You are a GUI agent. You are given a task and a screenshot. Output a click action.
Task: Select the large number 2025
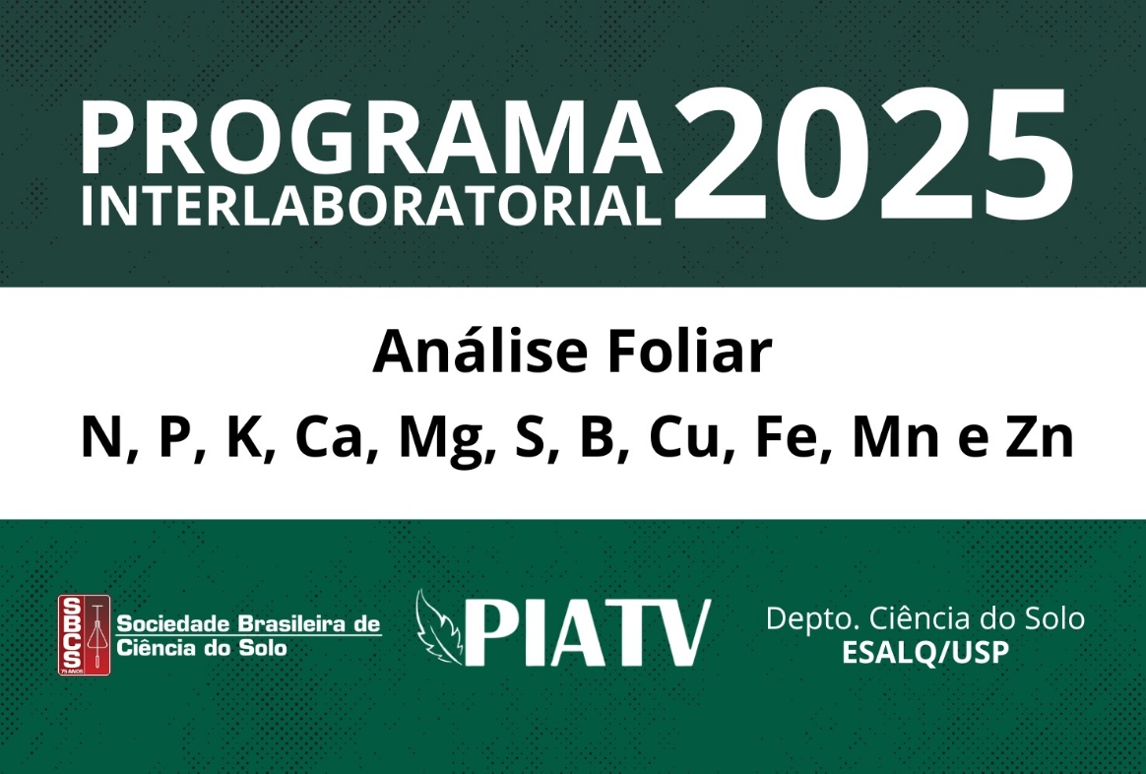pyautogui.click(x=872, y=155)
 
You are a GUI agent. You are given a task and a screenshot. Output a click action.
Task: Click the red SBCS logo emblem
pyautogui.click(x=84, y=635)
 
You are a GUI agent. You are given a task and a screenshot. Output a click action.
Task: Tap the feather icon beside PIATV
pyautogui.click(x=438, y=627)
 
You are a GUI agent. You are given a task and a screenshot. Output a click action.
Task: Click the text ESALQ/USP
pyautogui.click(x=925, y=652)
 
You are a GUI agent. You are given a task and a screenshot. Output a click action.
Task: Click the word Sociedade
pyautogui.click(x=175, y=624)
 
